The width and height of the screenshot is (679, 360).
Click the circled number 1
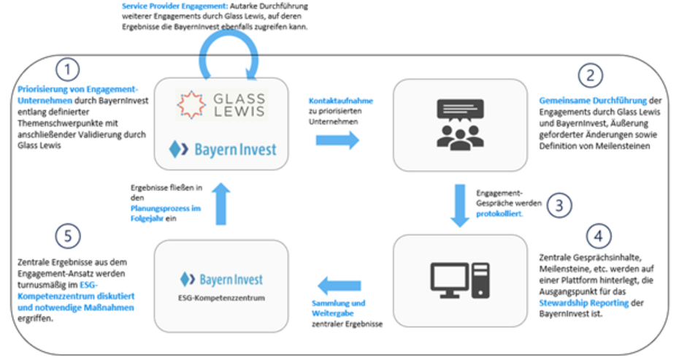pyautogui.click(x=67, y=71)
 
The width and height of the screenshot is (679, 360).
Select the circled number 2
pyautogui.click(x=591, y=76)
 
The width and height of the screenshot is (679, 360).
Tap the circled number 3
pyautogui.click(x=557, y=205)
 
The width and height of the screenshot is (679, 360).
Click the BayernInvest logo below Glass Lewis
pyautogui.click(x=223, y=149)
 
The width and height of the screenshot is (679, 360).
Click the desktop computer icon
pyautogui.click(x=450, y=278)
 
